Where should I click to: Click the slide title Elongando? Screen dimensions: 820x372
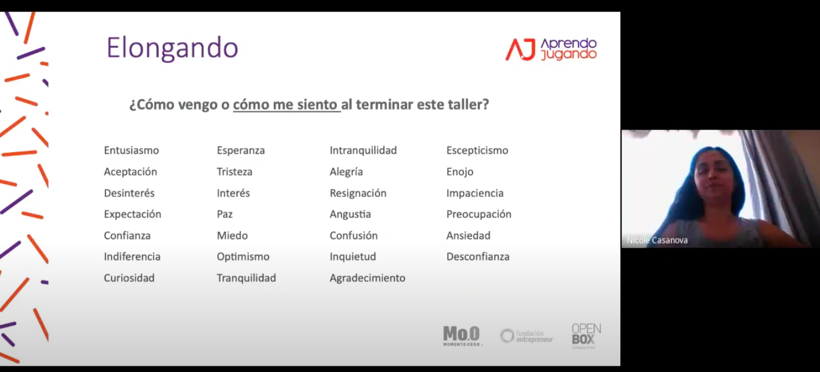pos(172,48)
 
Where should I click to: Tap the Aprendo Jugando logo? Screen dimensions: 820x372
pos(551,49)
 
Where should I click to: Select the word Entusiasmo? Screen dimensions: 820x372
pos(131,150)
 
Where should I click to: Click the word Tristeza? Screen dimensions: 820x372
pos(235,171)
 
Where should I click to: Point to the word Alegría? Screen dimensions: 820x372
pos(346,172)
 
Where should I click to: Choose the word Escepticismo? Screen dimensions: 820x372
pos(477,150)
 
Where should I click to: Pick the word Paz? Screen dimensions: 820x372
pos(225,214)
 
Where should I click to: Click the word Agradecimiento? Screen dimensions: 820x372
pos(368,278)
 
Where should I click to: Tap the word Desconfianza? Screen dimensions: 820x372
pos(478,257)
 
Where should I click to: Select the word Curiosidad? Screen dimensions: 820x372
pos(129,278)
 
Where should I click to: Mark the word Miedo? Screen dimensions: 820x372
pos(232,236)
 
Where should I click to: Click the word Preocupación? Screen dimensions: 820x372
pos(479,215)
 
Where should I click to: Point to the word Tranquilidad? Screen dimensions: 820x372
pos(246,278)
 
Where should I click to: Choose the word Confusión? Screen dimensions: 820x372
pos(354,236)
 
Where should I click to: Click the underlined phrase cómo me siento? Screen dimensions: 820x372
pos(285,104)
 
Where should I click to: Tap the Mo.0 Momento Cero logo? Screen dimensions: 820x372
pos(462,336)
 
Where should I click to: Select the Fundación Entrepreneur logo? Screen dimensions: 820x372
pos(526,336)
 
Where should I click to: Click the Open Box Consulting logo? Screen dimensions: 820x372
pos(586,336)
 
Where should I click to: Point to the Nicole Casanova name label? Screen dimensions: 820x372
pos(657,240)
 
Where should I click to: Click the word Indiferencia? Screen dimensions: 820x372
pos(132,257)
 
